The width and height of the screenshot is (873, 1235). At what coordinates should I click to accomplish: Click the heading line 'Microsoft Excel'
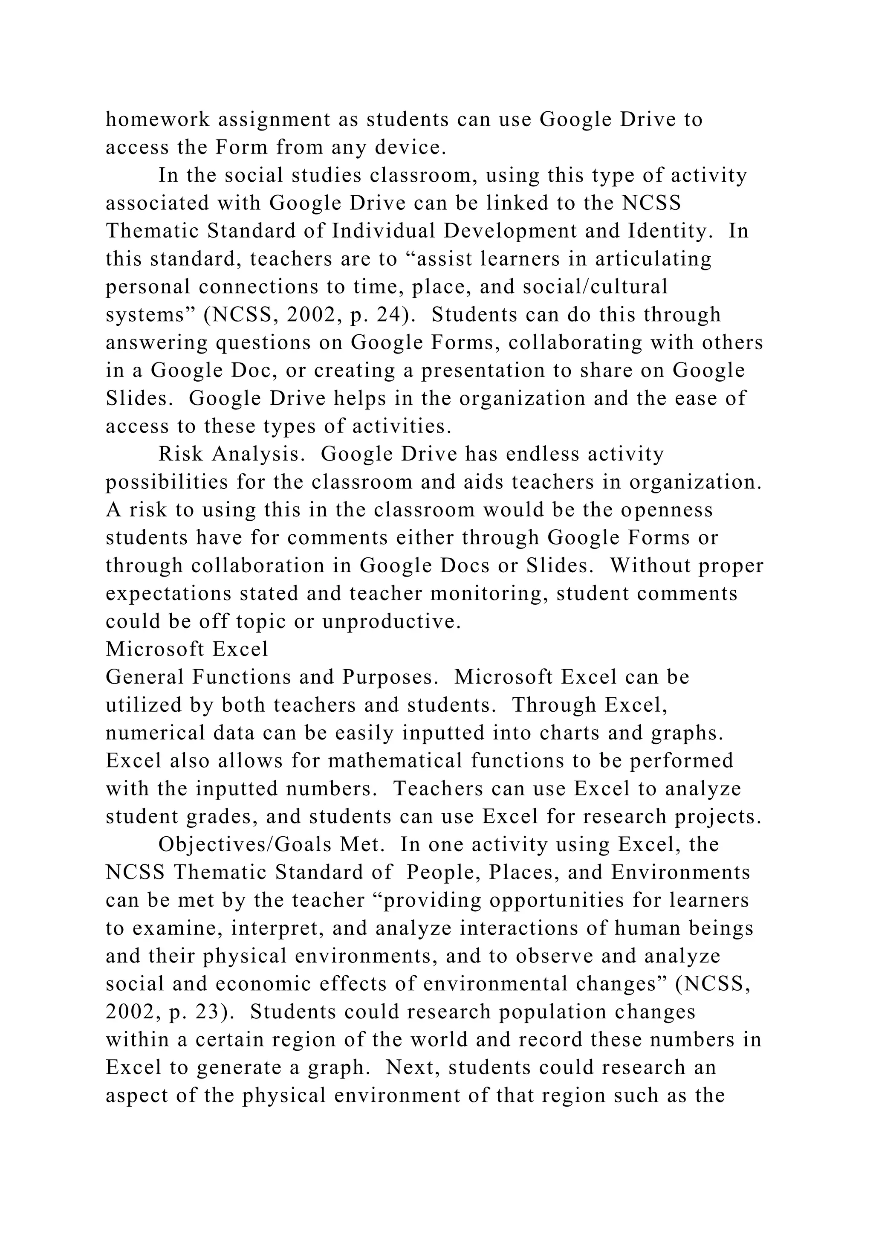pyautogui.click(x=187, y=649)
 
